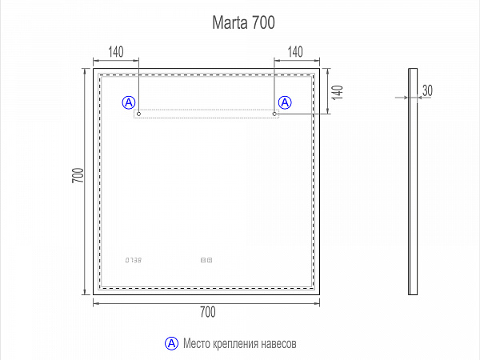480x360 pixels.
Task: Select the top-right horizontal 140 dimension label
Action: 295,53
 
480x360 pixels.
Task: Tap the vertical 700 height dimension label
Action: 78,176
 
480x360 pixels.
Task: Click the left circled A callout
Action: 129,102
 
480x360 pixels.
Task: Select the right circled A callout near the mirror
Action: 285,102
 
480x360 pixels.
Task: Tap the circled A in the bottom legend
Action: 171,343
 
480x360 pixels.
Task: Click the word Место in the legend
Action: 198,344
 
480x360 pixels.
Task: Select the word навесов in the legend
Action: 279,344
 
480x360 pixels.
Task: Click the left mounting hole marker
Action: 138,114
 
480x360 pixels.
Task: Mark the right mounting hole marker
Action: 274,114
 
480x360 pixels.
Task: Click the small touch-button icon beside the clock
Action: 208,260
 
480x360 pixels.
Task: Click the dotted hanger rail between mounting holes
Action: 206,114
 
